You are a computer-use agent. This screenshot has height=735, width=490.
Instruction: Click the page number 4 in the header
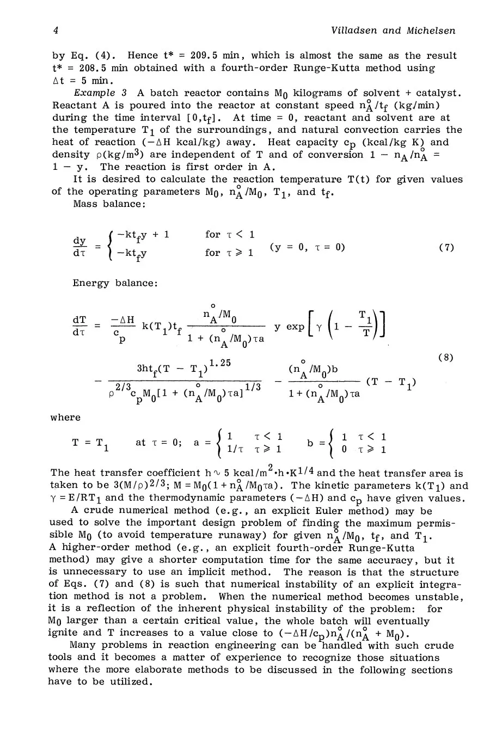(x=56, y=31)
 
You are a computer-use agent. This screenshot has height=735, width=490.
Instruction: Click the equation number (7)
(x=446, y=247)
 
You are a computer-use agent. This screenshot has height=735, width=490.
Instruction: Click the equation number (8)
(x=446, y=358)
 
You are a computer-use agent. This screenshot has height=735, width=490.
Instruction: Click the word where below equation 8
(x=65, y=418)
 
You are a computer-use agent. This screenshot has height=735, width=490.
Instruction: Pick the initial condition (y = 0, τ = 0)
(x=307, y=247)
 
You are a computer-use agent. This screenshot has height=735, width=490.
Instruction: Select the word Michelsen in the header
(x=431, y=31)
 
